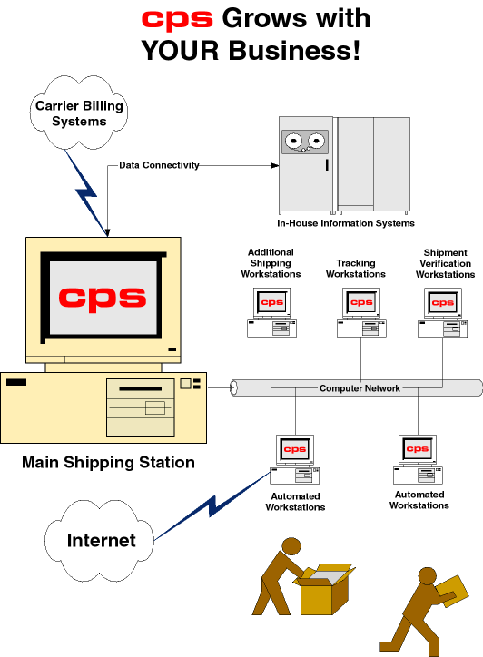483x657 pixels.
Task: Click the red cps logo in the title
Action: tap(178, 20)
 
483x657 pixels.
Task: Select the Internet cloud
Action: tap(101, 540)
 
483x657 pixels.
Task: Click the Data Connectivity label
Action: tap(159, 166)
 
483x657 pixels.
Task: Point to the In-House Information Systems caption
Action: tap(346, 223)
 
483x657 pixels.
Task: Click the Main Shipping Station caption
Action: tap(108, 463)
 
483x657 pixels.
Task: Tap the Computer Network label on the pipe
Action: tap(360, 388)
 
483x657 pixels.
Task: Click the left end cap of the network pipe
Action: tap(234, 388)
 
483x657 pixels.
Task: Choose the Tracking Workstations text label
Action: tap(355, 269)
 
